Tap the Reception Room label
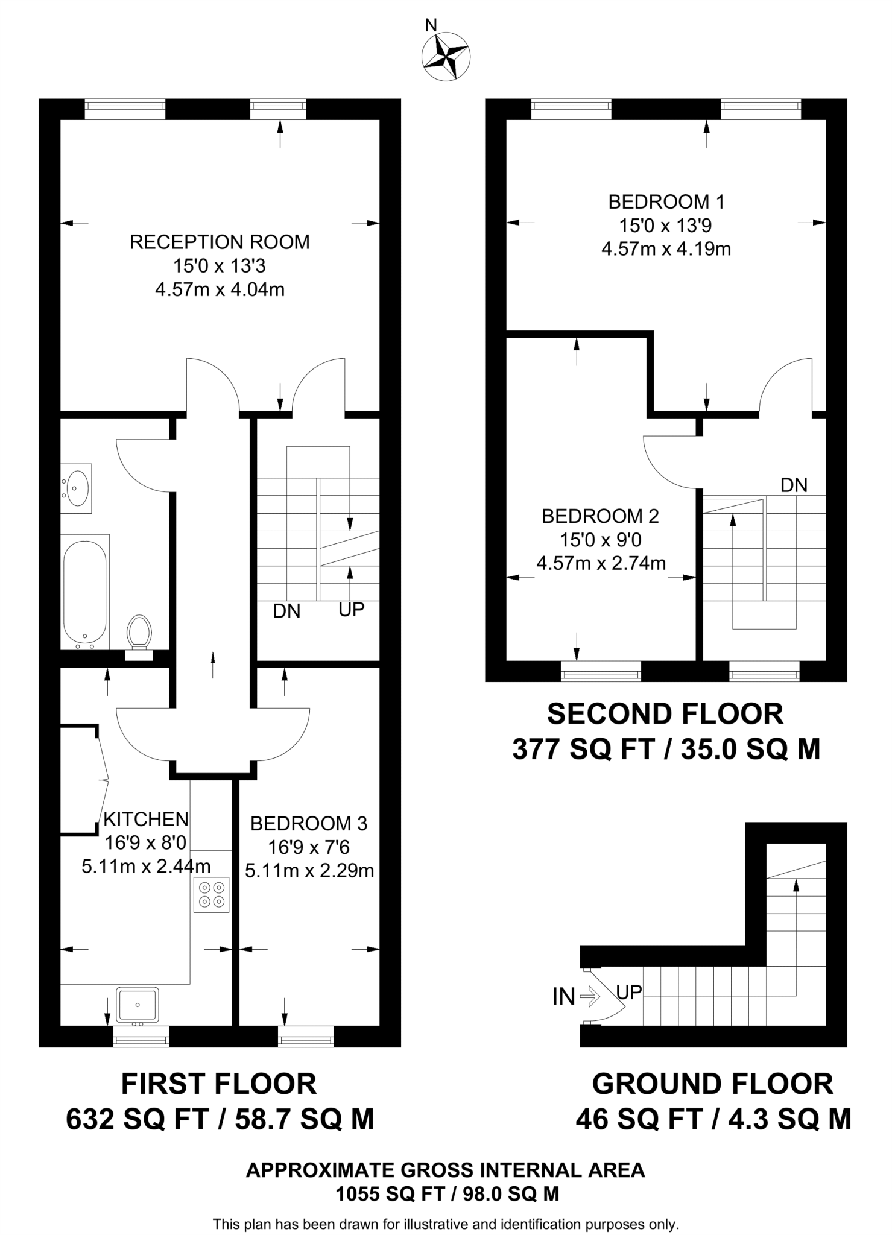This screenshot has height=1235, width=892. (220, 242)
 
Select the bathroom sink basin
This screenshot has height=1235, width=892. (77, 488)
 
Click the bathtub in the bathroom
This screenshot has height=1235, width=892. (85, 592)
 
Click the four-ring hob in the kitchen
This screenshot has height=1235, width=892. (212, 894)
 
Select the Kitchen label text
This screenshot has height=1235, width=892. (146, 819)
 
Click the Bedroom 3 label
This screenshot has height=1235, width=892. (309, 823)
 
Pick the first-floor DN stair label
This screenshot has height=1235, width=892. (286, 611)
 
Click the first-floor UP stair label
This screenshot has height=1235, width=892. (351, 610)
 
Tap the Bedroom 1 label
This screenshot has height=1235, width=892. (666, 201)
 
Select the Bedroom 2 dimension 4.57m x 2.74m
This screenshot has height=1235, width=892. (601, 563)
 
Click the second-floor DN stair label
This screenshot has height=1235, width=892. (794, 485)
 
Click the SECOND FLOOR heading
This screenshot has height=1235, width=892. (665, 714)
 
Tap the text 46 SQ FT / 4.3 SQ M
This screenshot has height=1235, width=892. (713, 1119)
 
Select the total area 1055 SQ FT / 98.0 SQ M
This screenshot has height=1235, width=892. (447, 1193)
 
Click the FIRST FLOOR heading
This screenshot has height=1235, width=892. (219, 1084)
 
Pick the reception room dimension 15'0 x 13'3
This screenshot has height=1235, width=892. (220, 266)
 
